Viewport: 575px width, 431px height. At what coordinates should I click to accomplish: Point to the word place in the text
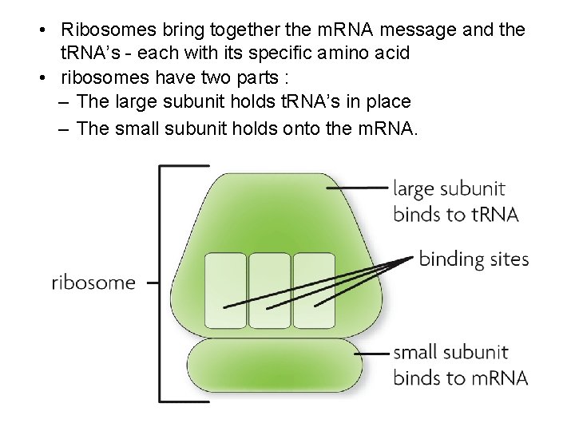pos(387,101)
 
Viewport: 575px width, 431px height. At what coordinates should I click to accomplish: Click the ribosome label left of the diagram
pos(93,283)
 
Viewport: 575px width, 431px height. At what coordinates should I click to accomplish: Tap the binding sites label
pos(474,259)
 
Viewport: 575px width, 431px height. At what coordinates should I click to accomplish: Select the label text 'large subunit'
pos(449,189)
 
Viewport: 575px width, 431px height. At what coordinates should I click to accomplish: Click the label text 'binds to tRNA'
pos(456,214)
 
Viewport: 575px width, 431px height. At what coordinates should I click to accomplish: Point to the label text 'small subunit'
pos(450,352)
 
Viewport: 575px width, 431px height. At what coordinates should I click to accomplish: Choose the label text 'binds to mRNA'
pos(461,377)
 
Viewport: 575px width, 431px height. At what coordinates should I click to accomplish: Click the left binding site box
pos(225,291)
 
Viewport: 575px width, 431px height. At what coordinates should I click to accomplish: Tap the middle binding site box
pos(269,291)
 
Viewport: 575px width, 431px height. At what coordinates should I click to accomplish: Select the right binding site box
pos(313,291)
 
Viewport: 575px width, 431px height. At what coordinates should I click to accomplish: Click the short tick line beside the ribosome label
pos(153,282)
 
